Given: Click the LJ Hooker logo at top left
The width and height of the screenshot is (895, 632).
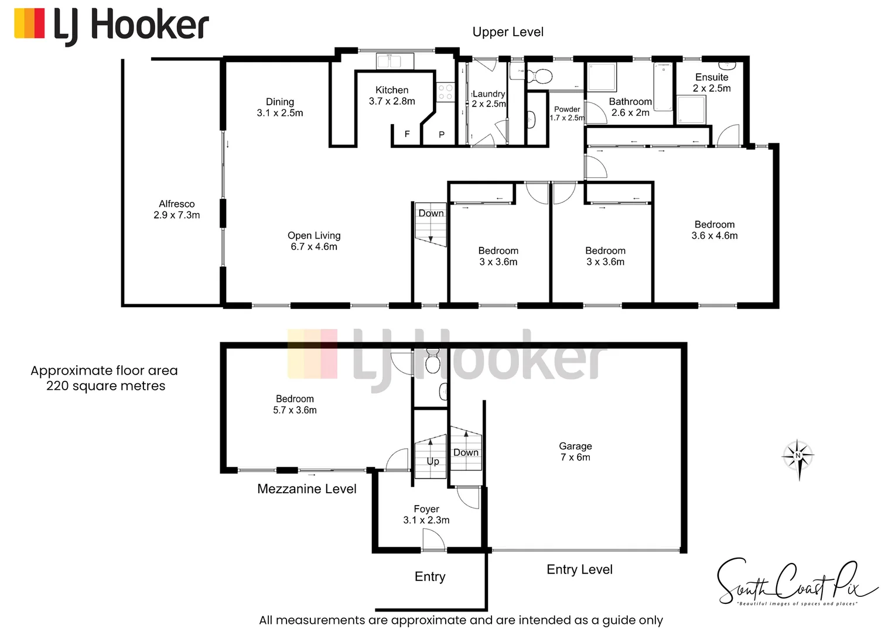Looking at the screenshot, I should (111, 26).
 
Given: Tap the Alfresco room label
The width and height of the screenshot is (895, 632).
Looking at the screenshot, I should (176, 209).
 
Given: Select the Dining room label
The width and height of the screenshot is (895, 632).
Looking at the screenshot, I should (279, 107).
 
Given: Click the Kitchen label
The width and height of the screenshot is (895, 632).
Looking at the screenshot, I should (392, 95).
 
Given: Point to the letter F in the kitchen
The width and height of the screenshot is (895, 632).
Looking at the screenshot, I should (407, 134).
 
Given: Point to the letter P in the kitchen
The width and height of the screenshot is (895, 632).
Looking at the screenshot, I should (442, 135).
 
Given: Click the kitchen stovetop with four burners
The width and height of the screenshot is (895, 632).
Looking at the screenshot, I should (445, 92).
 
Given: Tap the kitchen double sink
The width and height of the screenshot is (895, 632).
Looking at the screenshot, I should (395, 61).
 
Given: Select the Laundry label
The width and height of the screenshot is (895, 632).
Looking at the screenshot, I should (489, 98).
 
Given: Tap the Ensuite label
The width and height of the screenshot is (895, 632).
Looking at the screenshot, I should (712, 83).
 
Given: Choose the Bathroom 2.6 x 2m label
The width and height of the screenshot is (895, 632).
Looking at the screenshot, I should (630, 107).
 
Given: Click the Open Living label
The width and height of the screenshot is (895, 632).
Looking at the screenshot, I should (314, 241).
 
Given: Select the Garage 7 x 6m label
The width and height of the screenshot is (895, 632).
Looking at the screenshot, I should (575, 452).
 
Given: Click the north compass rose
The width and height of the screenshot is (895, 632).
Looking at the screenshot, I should (798, 456).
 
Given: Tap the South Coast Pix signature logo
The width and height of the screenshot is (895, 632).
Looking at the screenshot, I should (797, 582).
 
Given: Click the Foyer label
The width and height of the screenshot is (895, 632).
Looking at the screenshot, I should (426, 514).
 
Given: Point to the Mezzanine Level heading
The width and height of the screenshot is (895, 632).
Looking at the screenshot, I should (306, 489).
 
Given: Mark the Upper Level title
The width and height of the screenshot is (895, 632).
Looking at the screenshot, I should (508, 32).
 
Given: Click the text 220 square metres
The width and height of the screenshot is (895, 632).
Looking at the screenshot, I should (106, 386).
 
